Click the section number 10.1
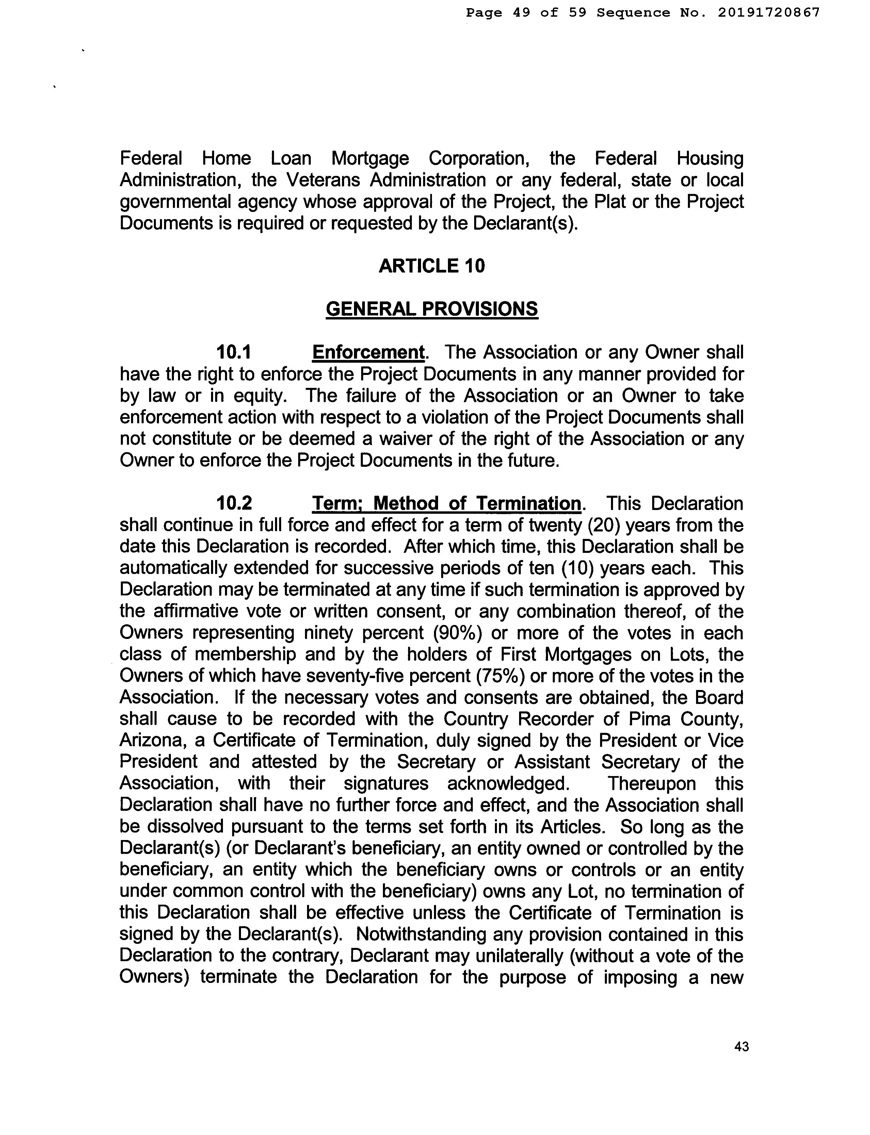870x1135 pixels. pos(233,352)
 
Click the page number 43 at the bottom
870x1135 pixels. pos(741,1047)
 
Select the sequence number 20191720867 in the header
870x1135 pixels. pos(769,13)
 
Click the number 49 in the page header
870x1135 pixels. pos(521,13)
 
